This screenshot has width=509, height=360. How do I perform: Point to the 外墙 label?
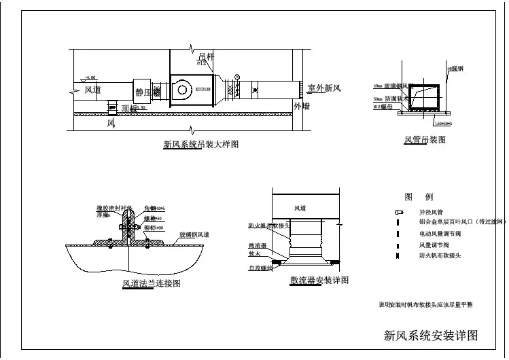point(301,106)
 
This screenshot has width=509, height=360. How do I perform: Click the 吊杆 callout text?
point(205,58)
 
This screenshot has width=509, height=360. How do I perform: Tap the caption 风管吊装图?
point(425,139)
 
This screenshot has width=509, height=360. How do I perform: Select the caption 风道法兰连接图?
point(151,283)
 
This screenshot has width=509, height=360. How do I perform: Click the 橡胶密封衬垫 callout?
point(116,209)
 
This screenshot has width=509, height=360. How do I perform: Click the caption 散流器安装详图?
point(319,280)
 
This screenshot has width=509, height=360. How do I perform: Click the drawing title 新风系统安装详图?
point(431,335)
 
